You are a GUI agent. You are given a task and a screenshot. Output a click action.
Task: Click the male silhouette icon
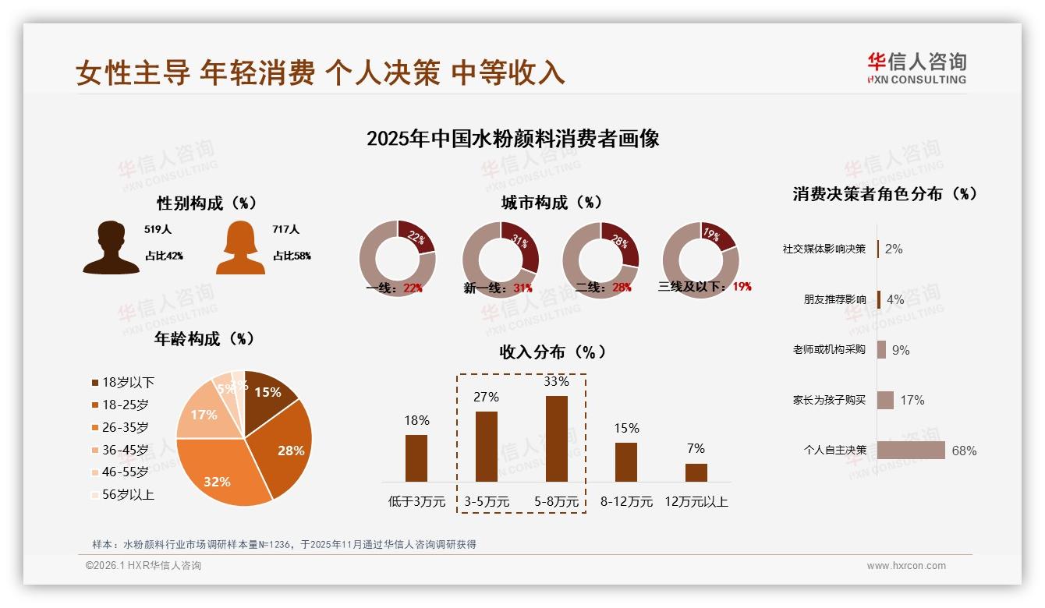pyautogui.click(x=111, y=248)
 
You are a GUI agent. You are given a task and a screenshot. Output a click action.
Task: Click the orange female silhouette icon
pyautogui.click(x=240, y=248)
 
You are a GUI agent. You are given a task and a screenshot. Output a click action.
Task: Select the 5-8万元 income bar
pyautogui.click(x=556, y=439)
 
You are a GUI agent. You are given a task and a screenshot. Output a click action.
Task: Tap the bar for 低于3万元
pyautogui.click(x=416, y=458)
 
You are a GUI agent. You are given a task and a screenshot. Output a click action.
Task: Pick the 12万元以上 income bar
pyautogui.click(x=696, y=472)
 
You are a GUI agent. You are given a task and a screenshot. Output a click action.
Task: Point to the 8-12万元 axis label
pyautogui.click(x=626, y=502)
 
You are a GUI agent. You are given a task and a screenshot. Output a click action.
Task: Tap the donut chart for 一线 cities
pyautogui.click(x=397, y=259)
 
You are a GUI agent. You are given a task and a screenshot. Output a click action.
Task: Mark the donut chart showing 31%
pyautogui.click(x=500, y=259)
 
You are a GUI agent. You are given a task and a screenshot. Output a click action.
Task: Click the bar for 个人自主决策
pyautogui.click(x=911, y=451)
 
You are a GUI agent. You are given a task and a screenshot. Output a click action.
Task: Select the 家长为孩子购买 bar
pyautogui.click(x=885, y=400)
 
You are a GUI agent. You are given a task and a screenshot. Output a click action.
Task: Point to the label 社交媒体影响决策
pyautogui.click(x=824, y=249)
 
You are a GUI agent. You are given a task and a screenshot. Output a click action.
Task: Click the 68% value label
pyautogui.click(x=964, y=451)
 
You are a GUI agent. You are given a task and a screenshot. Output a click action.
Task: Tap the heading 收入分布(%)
pyautogui.click(x=552, y=352)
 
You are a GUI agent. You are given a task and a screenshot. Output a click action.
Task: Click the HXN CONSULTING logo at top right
pyautogui.click(x=916, y=69)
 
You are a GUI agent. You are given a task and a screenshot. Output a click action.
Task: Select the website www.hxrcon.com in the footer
pyautogui.click(x=906, y=566)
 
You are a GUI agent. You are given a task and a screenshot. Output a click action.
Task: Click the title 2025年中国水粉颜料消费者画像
pyautogui.click(x=512, y=139)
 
